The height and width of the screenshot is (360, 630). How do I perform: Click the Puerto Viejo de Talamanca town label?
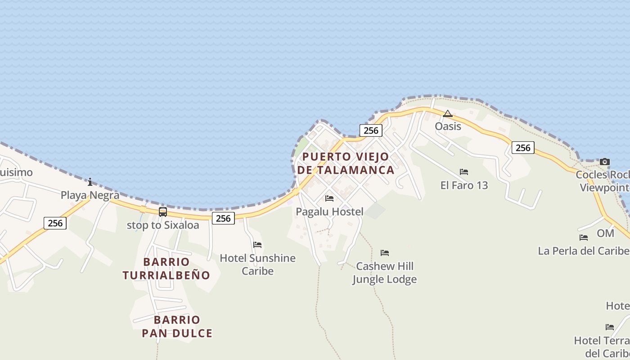[x=346, y=163]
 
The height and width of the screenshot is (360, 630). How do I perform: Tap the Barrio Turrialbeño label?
[x=166, y=269]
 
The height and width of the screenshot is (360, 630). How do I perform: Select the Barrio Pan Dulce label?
[x=177, y=327]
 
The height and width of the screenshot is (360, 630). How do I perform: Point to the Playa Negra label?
[x=90, y=195]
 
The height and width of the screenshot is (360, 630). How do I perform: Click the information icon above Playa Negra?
[x=90, y=182]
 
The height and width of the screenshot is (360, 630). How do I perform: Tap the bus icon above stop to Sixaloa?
[x=163, y=211]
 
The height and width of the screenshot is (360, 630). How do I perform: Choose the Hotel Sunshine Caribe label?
[x=257, y=265]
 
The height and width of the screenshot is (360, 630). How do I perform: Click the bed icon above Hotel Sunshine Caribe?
[x=257, y=244]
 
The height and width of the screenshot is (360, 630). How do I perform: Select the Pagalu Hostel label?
[x=329, y=211]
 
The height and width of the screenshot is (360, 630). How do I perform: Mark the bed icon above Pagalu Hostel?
[x=329, y=198]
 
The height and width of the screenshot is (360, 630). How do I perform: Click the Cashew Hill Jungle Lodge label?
[x=384, y=273]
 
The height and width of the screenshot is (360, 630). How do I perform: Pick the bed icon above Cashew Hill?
[x=384, y=252]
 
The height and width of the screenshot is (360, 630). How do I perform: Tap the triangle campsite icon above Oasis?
[x=447, y=113]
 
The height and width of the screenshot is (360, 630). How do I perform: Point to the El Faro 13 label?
[x=464, y=185]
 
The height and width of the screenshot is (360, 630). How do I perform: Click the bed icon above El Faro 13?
[x=464, y=171]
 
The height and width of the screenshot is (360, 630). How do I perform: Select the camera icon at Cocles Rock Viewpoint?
[x=605, y=162]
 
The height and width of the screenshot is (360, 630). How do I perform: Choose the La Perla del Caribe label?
[x=583, y=251]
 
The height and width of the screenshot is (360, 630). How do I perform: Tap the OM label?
[x=605, y=233]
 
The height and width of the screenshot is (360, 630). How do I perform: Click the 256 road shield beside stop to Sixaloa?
[x=223, y=218]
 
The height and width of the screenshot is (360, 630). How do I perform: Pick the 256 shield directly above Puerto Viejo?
[x=371, y=130]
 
